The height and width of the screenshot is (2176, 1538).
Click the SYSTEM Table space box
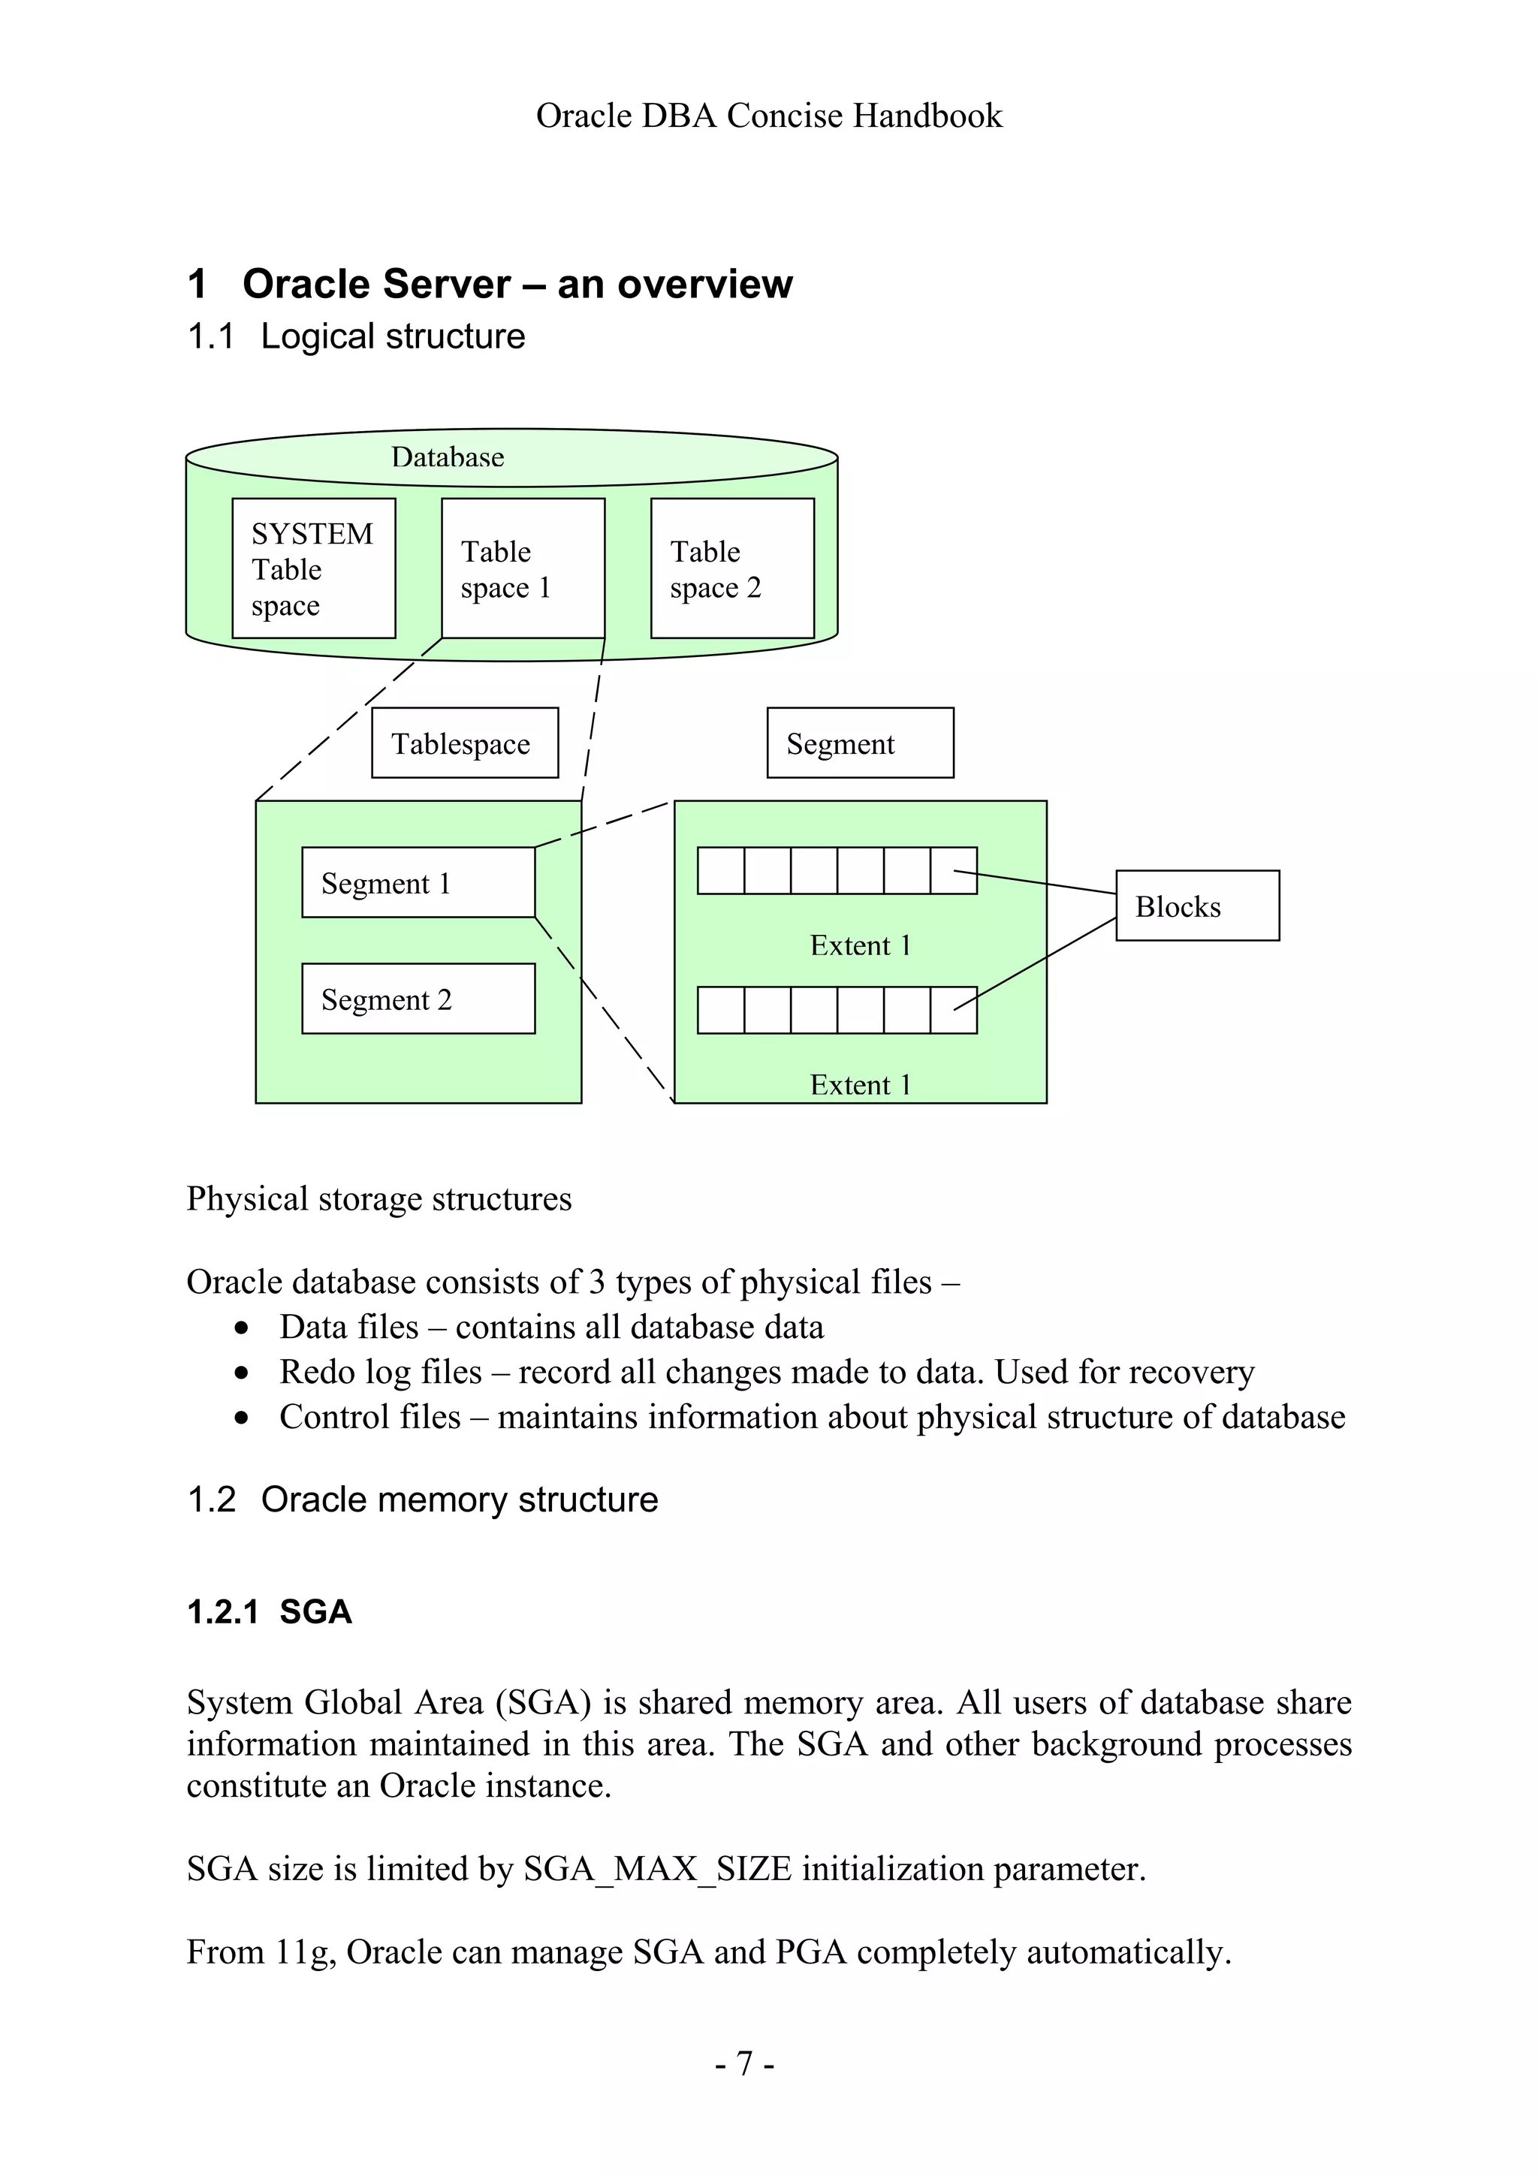click(314, 568)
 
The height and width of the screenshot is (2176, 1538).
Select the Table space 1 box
click(523, 568)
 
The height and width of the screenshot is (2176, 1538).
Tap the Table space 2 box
click(732, 568)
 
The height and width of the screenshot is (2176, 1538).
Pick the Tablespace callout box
click(464, 743)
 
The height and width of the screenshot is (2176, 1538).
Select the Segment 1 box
click(418, 882)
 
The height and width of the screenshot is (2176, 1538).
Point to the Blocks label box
click(1197, 906)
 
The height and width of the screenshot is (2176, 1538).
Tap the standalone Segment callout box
click(860, 743)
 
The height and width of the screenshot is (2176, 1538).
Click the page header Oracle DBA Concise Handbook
click(768, 116)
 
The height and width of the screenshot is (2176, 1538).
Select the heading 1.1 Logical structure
click(356, 336)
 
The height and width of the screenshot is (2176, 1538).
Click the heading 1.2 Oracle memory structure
click(423, 1499)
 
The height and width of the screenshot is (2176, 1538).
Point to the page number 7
click(745, 2063)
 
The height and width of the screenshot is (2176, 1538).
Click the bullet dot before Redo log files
click(243, 1373)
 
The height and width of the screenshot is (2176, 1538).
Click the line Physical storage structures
click(379, 1199)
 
